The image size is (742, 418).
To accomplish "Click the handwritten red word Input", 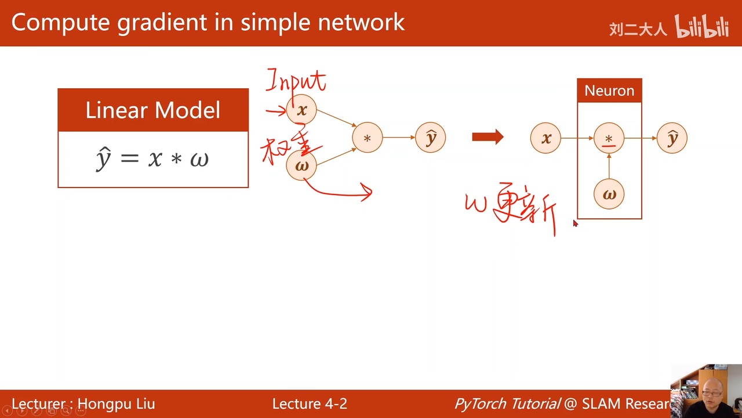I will pos(296,81).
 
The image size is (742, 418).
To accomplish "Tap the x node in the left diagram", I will pos(301,110).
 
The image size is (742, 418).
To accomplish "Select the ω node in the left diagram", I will pos(301,165).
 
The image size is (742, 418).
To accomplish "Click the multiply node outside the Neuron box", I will pos(367,138).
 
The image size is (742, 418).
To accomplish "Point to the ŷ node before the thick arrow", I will pos(431,138).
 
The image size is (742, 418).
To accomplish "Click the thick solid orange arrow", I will pos(488,138).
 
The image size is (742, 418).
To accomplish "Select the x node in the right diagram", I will pos(545,138).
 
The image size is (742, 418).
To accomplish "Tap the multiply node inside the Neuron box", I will pos(609,138).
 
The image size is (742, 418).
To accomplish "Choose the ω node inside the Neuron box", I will pos(609,194).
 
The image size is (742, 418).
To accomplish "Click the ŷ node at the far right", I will pos(672,138).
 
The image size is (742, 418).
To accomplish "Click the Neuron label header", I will pos(609,91).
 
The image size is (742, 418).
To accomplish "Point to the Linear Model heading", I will pos(153,110).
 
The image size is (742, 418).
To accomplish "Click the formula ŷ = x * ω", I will pos(152,158).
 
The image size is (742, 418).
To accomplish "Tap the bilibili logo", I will pos(701,27).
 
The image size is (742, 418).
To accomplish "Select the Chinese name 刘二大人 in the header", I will pos(638,29).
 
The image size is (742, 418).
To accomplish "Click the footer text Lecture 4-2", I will pos(310,404).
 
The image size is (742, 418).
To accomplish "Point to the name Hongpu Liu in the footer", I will pos(116,404).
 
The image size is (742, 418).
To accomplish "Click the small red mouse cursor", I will pos(575,224).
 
